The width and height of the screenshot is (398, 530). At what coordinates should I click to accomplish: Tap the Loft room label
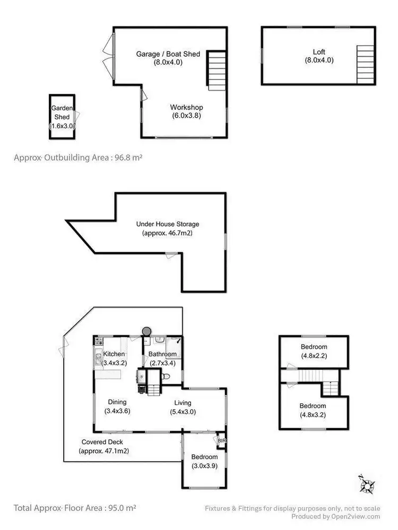[x=319, y=52]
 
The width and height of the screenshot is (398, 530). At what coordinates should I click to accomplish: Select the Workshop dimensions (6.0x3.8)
[x=186, y=116]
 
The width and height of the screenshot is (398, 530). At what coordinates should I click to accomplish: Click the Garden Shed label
[x=61, y=112]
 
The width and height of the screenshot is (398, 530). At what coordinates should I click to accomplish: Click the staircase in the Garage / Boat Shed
[x=216, y=69]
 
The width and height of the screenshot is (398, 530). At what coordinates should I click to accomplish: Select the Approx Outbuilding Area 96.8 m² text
[x=79, y=157]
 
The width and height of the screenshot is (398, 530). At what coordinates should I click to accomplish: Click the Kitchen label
[x=114, y=354]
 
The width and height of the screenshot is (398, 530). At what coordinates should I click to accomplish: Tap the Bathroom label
[x=162, y=354]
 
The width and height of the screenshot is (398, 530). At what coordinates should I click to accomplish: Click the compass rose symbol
[x=367, y=484]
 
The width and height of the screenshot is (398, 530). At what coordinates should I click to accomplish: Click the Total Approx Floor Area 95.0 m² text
[x=75, y=507]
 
